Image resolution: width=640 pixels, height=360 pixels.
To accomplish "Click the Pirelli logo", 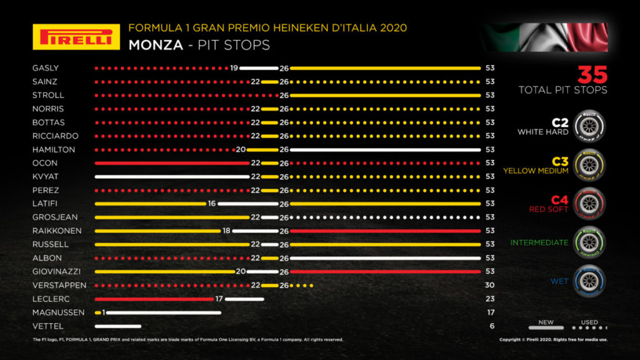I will pos(76,37).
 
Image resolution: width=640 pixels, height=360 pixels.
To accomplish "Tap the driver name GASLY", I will pos(45,68).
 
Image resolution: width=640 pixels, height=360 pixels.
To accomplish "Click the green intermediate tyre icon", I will pos(589,242).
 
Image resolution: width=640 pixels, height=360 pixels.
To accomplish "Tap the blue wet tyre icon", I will pos(589,281).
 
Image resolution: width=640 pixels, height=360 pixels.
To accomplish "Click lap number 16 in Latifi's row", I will pos(211,204).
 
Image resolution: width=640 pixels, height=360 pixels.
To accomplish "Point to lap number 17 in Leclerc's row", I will pos(219,299).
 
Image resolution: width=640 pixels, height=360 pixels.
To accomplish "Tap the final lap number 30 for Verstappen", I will pos(491,285).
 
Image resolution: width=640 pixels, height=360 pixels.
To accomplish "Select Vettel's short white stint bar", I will pos(118,326).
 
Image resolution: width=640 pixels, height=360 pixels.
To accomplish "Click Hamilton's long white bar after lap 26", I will pos(385,150).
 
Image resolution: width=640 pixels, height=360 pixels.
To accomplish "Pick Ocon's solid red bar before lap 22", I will pos(171,163).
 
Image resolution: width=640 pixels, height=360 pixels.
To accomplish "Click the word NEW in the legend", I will pos(546,322).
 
